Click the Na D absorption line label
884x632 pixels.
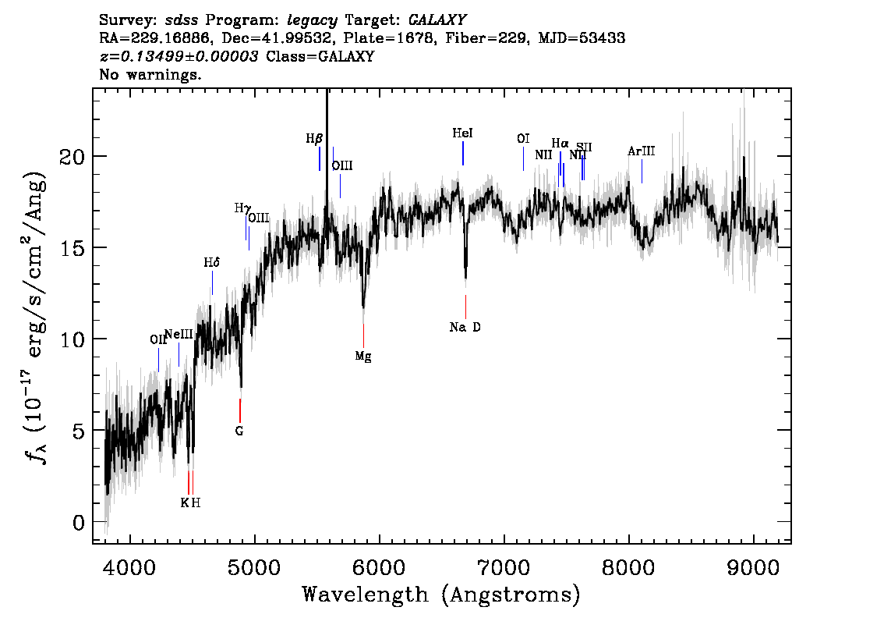(465, 327)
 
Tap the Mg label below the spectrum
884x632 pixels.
(363, 356)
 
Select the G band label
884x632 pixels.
(239, 431)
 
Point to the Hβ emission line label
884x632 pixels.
(314, 139)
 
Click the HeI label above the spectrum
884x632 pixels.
(463, 133)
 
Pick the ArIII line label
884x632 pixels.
(641, 151)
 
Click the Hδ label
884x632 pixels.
(212, 263)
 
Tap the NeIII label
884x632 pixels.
(179, 334)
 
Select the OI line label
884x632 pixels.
(523, 139)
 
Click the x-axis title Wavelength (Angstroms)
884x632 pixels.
(441, 595)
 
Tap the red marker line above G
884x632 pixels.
(240, 410)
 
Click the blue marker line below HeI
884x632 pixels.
(463, 153)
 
